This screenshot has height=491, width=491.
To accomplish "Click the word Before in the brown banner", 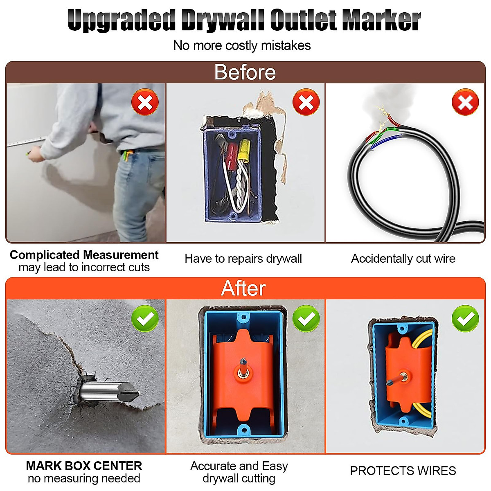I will coord(245,72).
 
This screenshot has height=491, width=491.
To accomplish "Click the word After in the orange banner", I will coord(243,288).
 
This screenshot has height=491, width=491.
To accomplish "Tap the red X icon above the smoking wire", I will coord(465,102).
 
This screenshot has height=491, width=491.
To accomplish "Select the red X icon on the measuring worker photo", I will coord(145,102).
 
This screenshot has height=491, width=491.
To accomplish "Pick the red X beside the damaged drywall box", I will coord(306,102).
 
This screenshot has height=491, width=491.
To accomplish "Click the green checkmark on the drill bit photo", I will coord(145,318).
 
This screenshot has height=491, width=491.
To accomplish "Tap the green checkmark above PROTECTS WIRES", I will coord(465,318).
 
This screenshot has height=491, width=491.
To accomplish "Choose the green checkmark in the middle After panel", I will coord(306,318).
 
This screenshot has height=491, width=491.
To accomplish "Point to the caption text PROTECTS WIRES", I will coord(403,471).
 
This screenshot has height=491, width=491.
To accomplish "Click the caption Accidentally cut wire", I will coord(403,259).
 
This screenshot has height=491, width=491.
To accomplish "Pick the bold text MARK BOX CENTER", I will coord(84,466).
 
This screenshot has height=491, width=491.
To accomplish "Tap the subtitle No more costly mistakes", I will coord(242,45).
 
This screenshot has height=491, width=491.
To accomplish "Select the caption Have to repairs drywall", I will coord(243,259).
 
